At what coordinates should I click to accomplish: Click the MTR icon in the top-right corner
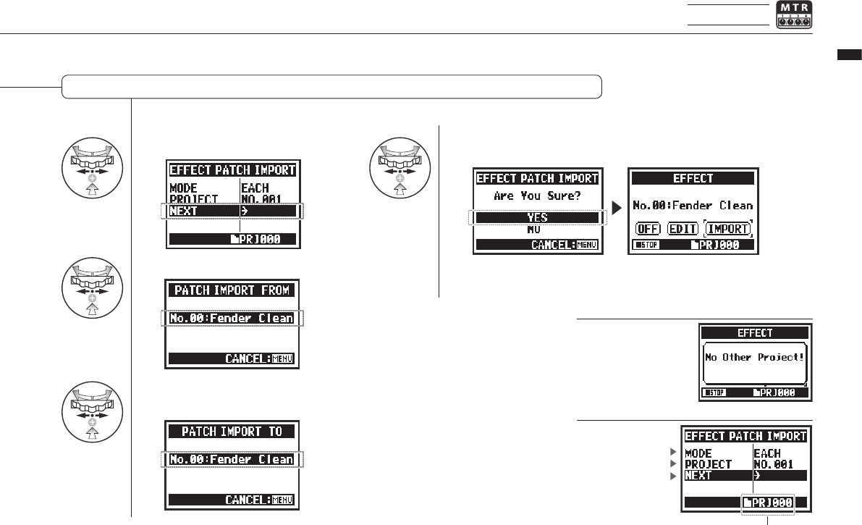tap(794, 15)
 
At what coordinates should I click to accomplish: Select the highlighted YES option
tap(536, 217)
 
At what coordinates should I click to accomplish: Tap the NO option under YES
tap(536, 229)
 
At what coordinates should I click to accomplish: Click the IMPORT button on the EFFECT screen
tap(729, 229)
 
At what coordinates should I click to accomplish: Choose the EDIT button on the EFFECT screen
tap(683, 229)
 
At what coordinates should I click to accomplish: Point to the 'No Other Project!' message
tap(753, 358)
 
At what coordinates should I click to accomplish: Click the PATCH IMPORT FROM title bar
tap(232, 290)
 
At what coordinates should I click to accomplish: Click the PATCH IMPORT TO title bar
tap(232, 432)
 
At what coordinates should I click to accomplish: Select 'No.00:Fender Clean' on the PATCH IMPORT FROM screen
tap(232, 318)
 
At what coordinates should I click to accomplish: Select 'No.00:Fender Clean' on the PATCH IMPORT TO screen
tap(232, 459)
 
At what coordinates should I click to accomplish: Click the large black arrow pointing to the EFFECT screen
tap(616, 209)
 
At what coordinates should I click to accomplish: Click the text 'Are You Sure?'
tap(536, 196)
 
